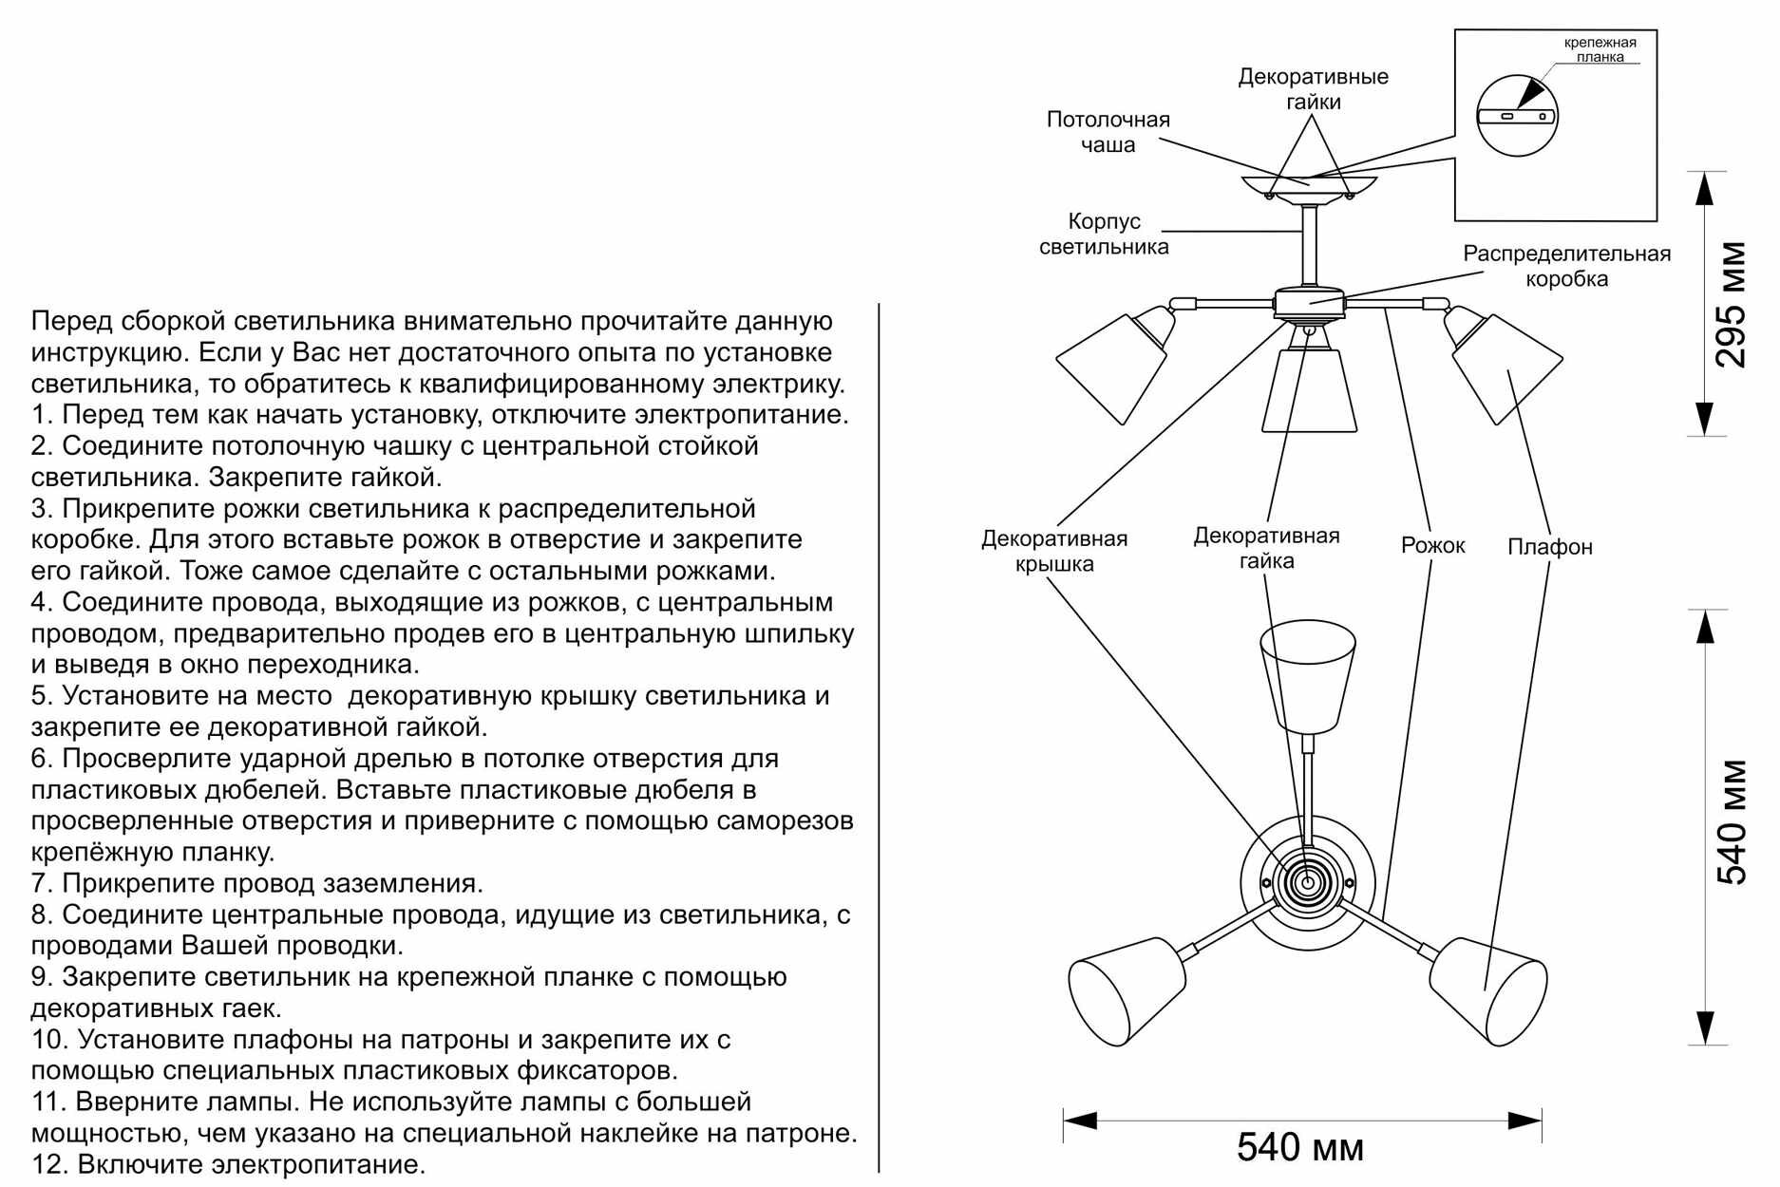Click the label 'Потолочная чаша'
1108,132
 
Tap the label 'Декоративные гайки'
1313,89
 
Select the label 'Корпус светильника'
1104,234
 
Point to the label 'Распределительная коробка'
1566,266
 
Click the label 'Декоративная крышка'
1054,551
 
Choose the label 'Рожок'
1432,546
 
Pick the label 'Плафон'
1549,547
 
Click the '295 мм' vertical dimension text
1731,304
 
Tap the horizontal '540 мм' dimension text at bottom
1299,1147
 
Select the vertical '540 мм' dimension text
1731,821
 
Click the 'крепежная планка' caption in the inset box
1600,49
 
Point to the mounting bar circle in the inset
1517,116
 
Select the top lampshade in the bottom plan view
1308,674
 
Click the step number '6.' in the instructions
42,759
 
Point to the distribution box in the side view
1309,303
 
